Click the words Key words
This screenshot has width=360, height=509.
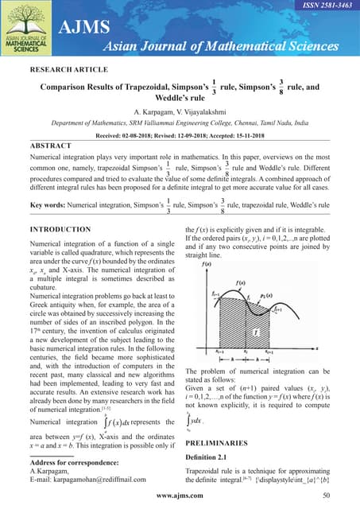pyautogui.click(x=52, y=205)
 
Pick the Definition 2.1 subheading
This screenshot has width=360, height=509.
pyautogui.click(x=214, y=458)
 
